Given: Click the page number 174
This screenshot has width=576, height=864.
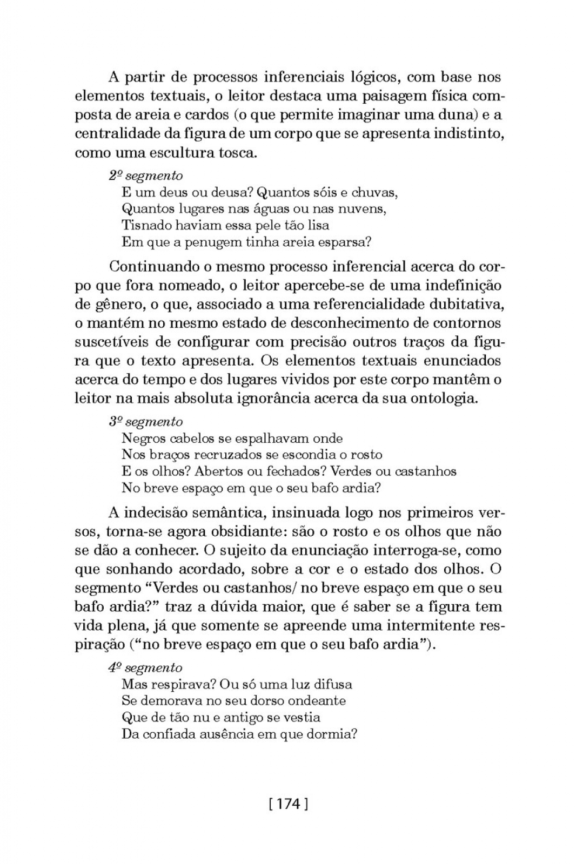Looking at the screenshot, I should coord(288,804).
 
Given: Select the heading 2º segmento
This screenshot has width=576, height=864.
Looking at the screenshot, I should coord(146,175).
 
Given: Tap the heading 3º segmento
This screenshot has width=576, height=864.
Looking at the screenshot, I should coord(146,422).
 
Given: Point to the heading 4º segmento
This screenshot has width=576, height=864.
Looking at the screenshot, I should coord(145,668).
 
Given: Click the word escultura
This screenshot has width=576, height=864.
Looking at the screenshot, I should coord(187,152).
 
